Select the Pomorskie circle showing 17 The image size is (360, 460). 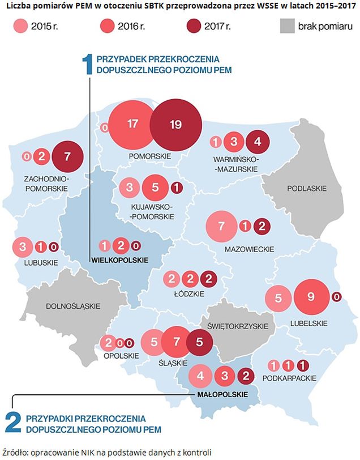[133, 123]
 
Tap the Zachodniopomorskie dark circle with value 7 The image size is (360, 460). [67, 156]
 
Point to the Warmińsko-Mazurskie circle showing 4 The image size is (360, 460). [258, 142]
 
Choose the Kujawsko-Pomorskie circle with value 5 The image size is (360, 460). [156, 187]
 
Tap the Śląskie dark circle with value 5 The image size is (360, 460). [198, 342]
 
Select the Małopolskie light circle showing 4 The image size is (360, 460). [200, 375]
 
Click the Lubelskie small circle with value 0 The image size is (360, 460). [337, 297]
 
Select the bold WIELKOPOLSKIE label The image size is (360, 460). [119, 260]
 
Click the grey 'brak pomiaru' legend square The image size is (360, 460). [289, 26]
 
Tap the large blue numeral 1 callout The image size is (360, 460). [88, 63]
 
